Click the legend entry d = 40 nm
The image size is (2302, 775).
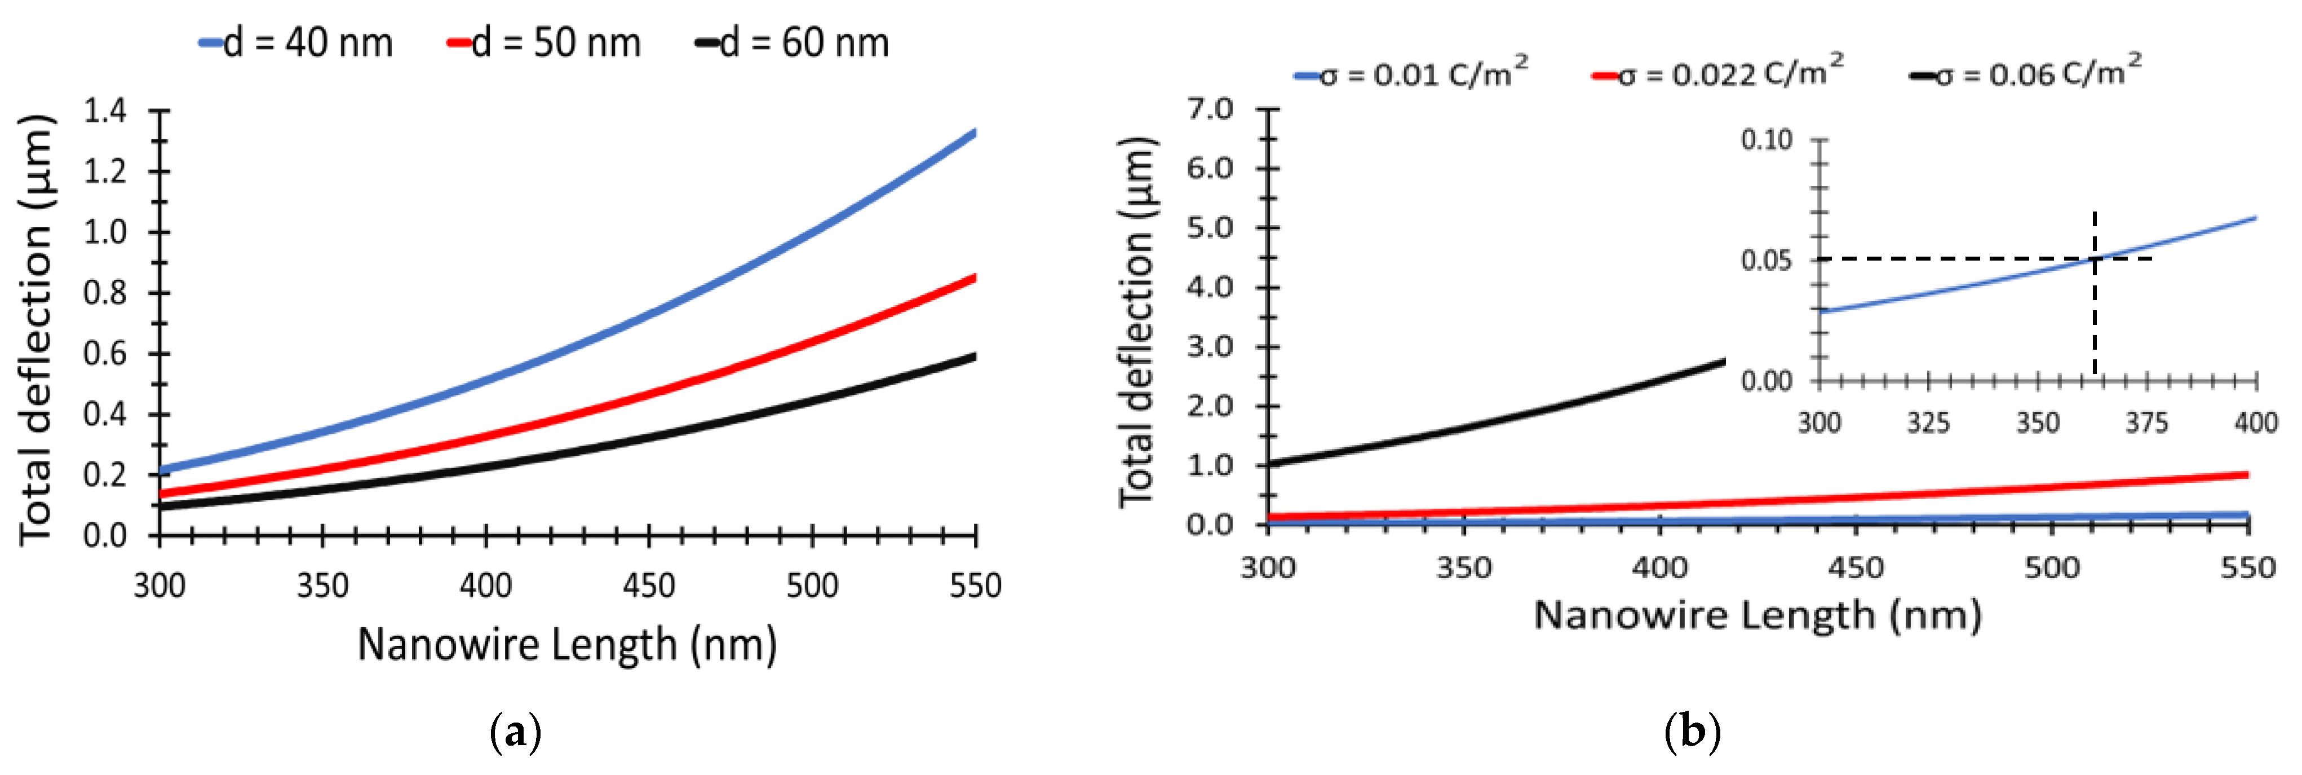296,43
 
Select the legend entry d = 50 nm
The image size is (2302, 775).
545,43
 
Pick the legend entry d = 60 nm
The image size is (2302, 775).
794,43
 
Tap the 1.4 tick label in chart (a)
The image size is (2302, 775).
105,111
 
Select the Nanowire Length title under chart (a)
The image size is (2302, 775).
566,645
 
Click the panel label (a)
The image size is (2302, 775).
516,733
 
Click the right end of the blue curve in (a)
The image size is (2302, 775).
973,133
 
